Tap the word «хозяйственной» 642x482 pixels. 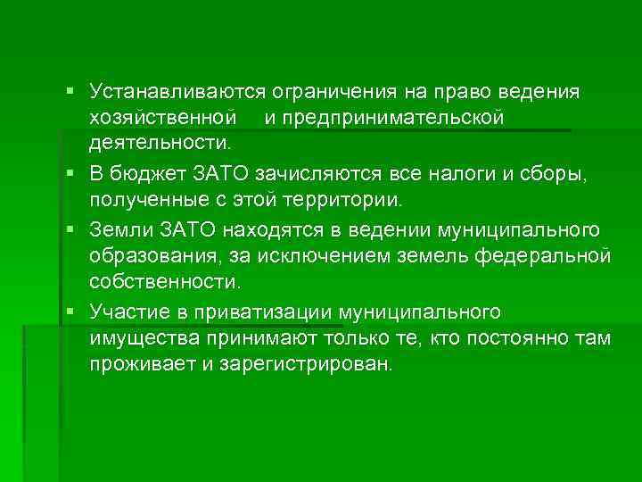[x=162, y=118]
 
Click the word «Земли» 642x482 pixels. [x=115, y=231]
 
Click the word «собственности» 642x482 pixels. [x=163, y=281]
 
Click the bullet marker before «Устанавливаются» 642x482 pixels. [x=70, y=92]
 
